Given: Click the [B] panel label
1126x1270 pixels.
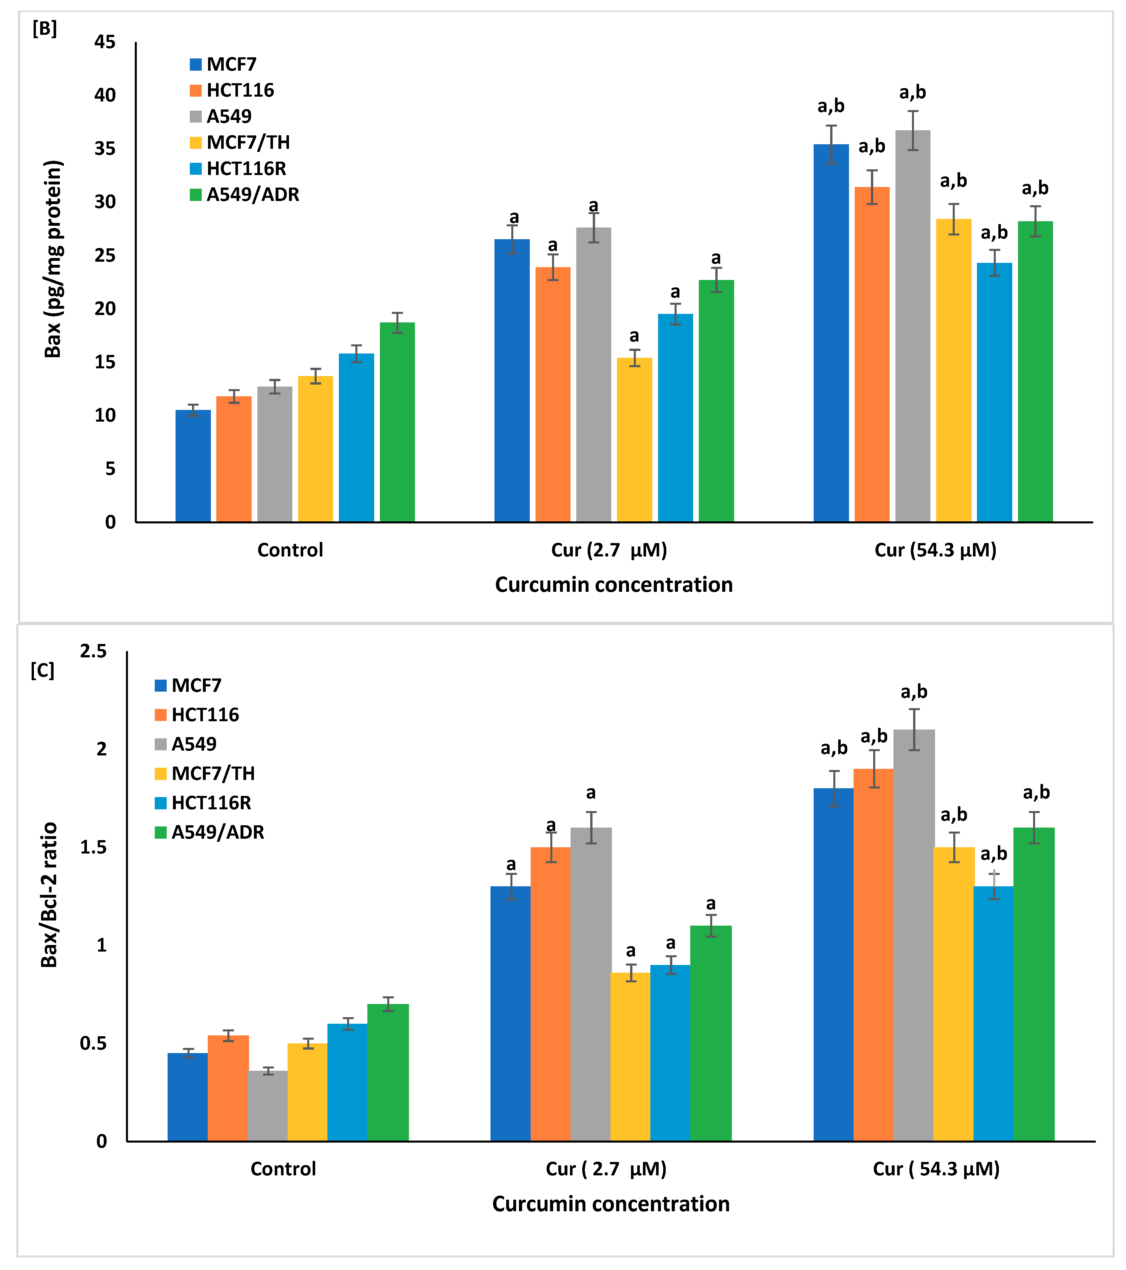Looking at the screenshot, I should [x=45, y=29].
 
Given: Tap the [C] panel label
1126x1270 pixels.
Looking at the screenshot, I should [x=42, y=670].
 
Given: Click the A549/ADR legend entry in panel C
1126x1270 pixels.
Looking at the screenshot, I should [x=217, y=832].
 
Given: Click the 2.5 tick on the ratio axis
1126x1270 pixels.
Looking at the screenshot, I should [x=93, y=651].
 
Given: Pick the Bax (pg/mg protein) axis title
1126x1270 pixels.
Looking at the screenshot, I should [x=53, y=259].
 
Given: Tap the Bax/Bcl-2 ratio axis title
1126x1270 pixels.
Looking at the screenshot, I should [x=49, y=895].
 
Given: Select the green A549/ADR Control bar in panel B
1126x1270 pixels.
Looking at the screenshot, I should [x=398, y=422].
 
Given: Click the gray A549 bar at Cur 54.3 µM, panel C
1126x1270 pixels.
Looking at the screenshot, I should [x=914, y=935].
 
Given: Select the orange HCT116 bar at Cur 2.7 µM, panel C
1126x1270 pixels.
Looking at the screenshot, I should [x=550, y=994].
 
